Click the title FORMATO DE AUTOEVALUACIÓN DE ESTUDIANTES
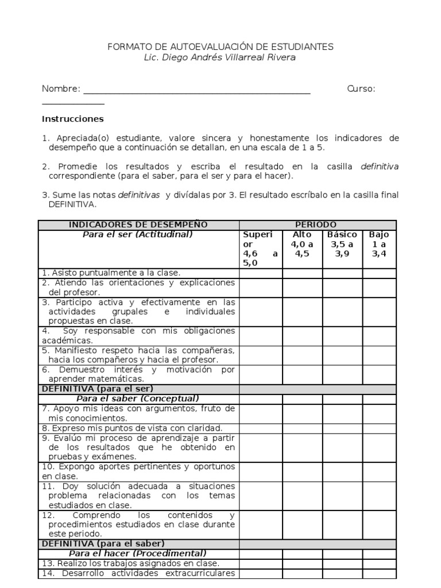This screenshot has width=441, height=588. pos(220,47)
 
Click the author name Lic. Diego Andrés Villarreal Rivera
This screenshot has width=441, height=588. pos(220,57)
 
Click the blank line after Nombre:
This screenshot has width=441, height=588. pos(197,90)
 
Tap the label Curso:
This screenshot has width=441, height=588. pos(361,89)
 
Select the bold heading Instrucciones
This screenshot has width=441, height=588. pos(72,119)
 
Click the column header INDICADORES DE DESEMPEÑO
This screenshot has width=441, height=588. pos(138,225)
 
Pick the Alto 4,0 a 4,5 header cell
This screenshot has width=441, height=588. pos(302,244)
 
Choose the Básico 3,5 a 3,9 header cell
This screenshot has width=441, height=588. pos(342,244)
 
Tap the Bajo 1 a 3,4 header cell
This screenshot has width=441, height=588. pos(379,244)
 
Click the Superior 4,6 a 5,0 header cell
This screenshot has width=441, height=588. pos(261,249)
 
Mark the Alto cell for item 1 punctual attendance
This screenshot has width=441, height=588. pos(302,273)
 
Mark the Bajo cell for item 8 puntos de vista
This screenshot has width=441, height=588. pos(379,428)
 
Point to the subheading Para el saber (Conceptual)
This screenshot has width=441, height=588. pos(138,399)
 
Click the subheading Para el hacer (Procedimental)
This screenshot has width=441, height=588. pos(138,554)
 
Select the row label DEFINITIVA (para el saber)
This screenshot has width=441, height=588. pos(102,543)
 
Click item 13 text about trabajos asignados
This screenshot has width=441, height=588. pos(131,563)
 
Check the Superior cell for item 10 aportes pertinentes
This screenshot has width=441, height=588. pos(261,471)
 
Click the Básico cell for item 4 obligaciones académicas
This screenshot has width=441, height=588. pos(342,335)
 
